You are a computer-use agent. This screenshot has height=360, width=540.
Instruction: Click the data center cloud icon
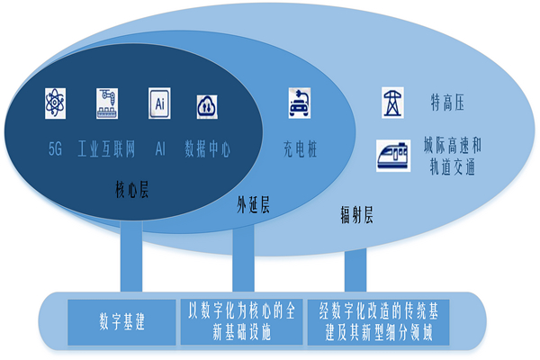[206, 105]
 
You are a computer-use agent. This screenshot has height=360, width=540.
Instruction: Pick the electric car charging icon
[299, 103]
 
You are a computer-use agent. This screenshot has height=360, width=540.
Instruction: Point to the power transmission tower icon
[393, 101]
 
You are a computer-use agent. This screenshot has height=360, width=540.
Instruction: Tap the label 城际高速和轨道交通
[454, 155]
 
